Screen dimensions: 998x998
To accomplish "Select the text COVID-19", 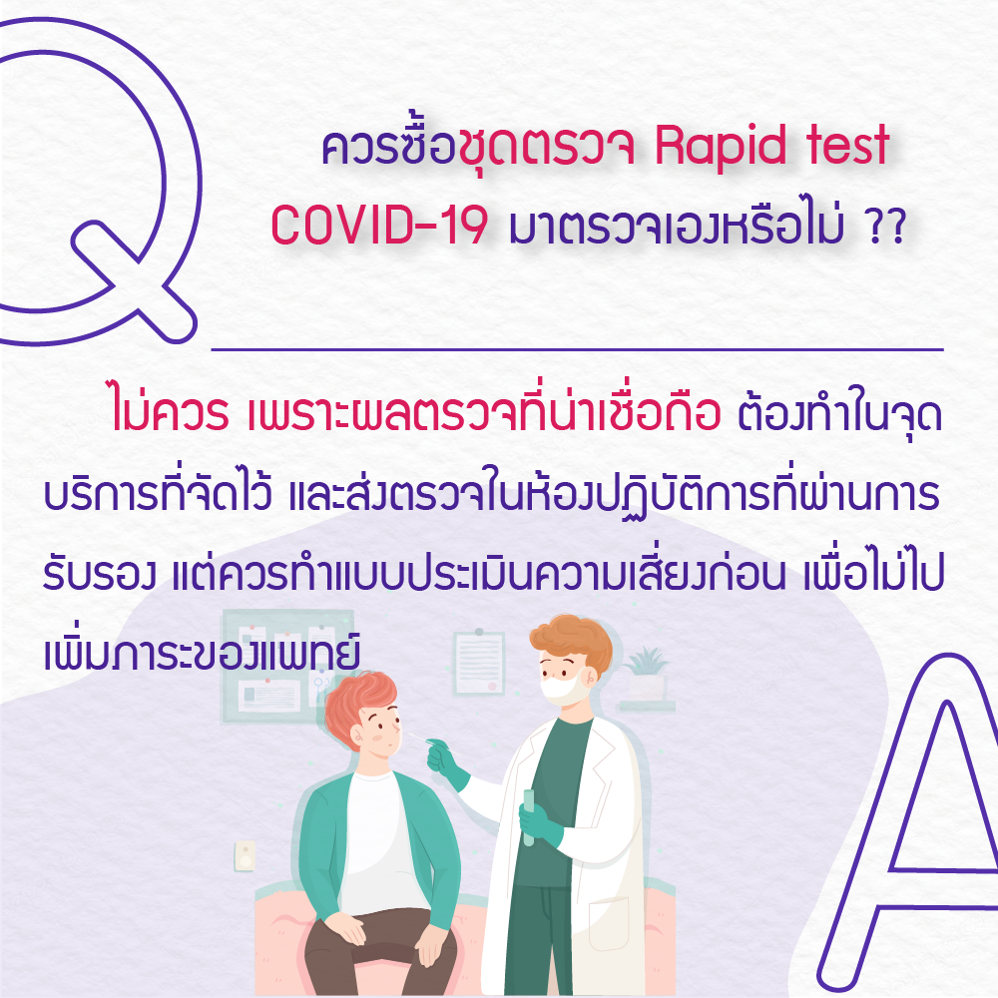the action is click(380, 225).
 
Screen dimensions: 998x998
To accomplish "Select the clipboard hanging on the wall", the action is click(479, 663).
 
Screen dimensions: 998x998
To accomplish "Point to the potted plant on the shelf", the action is click(647, 674).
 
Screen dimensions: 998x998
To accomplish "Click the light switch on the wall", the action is click(246, 856).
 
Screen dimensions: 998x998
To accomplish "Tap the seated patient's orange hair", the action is click(357, 704).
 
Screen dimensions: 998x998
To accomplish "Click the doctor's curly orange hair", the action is click(572, 640).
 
